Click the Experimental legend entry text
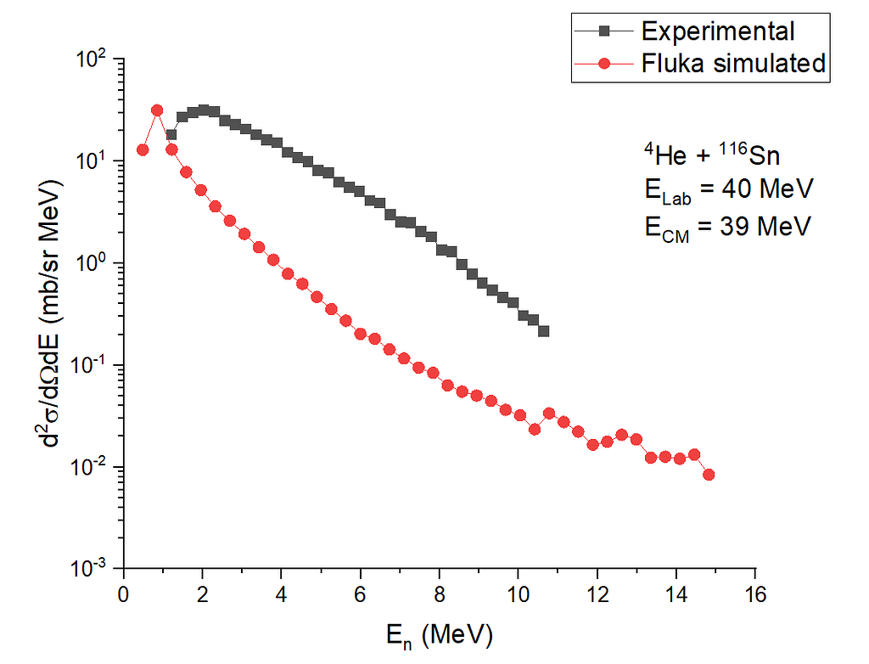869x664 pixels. coord(718,32)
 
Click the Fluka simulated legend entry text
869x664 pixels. coord(733,63)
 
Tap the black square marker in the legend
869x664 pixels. coord(606,32)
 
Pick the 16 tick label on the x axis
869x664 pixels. coord(755,593)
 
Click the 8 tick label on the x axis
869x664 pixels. coord(440,593)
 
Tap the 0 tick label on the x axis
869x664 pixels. coord(124,593)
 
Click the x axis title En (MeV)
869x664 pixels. coord(439,633)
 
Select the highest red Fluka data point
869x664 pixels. coord(157,110)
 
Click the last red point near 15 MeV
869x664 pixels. coord(709,475)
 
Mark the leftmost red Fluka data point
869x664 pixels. coord(143,150)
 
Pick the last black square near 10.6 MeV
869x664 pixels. coord(543,331)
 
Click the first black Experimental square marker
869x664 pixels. coord(171,134)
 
